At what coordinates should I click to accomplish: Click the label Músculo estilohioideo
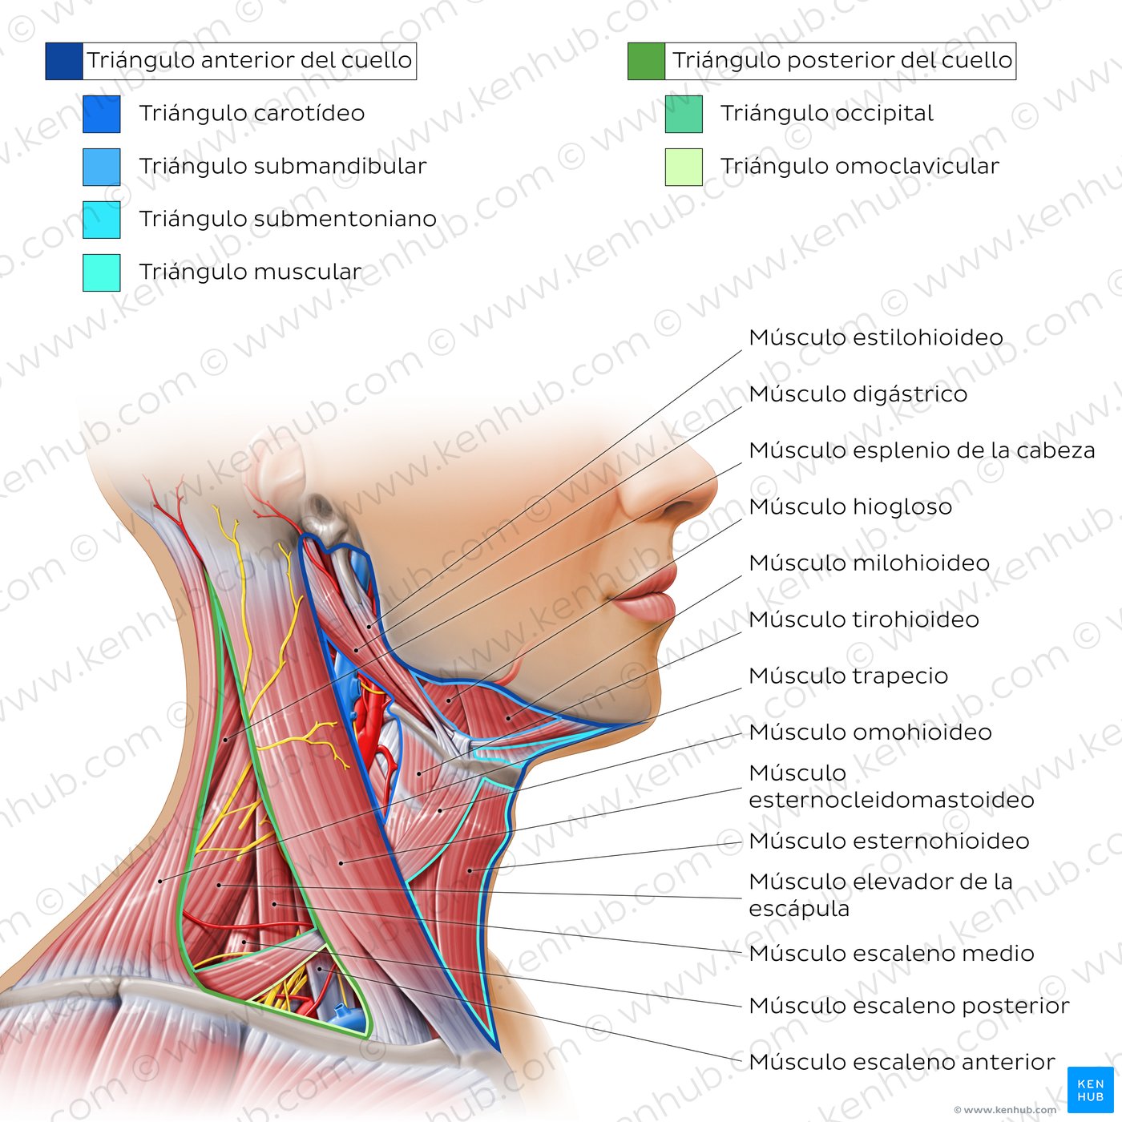[x=876, y=337]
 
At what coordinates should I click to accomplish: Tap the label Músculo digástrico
[x=858, y=394]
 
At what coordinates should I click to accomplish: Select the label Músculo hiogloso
[x=850, y=507]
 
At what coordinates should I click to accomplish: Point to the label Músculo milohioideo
[x=869, y=563]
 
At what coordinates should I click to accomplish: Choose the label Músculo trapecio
[x=848, y=676]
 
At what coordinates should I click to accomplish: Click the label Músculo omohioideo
[x=870, y=733]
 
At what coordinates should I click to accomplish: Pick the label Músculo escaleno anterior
[x=902, y=1062]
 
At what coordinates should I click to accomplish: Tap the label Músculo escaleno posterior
[x=909, y=1006]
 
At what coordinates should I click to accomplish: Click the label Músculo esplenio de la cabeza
[x=922, y=450]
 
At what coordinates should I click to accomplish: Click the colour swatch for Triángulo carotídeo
[x=101, y=114]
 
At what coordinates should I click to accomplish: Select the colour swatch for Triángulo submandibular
[x=101, y=167]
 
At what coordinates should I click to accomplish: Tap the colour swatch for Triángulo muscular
[x=101, y=272]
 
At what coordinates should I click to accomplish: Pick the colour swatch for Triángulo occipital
[x=684, y=114]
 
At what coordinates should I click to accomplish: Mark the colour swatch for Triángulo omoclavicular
[x=684, y=167]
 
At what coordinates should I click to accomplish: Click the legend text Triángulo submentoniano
[x=288, y=219]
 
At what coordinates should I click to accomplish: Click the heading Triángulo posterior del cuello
[x=842, y=61]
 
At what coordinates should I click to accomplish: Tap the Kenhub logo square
[x=1090, y=1089]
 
